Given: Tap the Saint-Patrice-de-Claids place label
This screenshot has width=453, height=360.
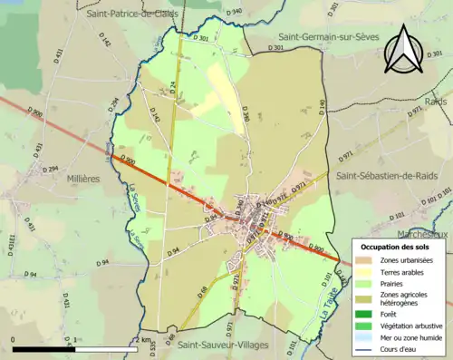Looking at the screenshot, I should pyautogui.click(x=132, y=14).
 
